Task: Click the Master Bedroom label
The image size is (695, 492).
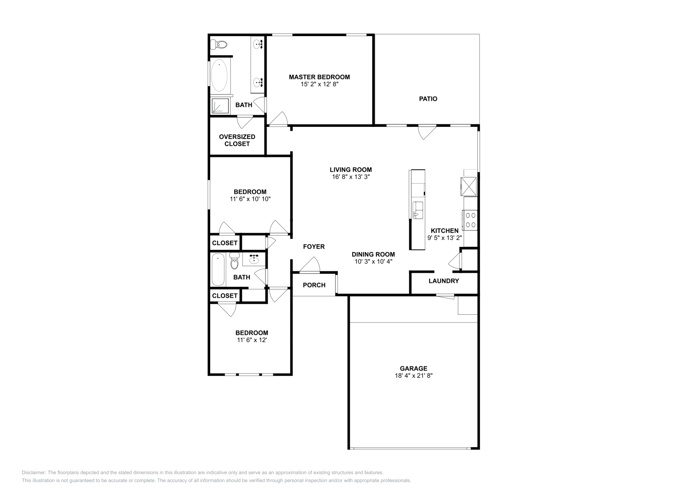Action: point(319,77)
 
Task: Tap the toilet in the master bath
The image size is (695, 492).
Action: point(219,44)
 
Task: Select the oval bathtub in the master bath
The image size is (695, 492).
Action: point(219,76)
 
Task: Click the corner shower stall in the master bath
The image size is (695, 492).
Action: point(220,106)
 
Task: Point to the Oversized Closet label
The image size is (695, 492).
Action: point(237,140)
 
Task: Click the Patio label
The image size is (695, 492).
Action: point(428,99)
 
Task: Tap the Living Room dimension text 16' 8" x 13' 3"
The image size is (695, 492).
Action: point(351,177)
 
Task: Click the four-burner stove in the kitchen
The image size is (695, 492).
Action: point(470,219)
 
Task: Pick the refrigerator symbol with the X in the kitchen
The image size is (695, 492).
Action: point(469,186)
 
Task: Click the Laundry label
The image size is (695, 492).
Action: point(443,281)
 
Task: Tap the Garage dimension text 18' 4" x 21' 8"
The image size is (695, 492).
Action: point(414,376)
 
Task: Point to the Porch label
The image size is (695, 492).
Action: point(314,285)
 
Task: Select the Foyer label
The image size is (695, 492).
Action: point(314,246)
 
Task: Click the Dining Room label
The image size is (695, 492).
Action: point(373,254)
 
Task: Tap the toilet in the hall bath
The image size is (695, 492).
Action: point(235,262)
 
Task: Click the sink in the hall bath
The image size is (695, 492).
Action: point(254,260)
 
